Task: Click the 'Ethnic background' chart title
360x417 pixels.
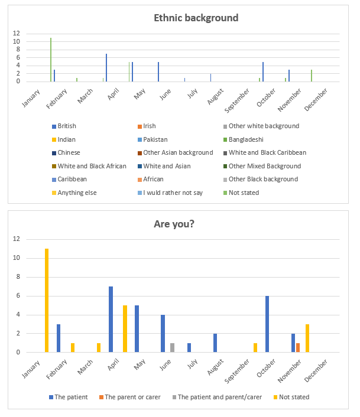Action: coord(196,18)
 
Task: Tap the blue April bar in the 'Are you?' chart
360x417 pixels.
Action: coord(111,319)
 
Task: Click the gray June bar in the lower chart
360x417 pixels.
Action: coord(172,347)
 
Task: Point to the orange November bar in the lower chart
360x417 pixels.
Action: coord(298,347)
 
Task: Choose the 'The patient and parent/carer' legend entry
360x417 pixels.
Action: coord(220,397)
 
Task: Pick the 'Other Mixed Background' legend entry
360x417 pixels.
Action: coord(264,166)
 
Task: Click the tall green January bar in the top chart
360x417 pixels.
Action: coord(51,59)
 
